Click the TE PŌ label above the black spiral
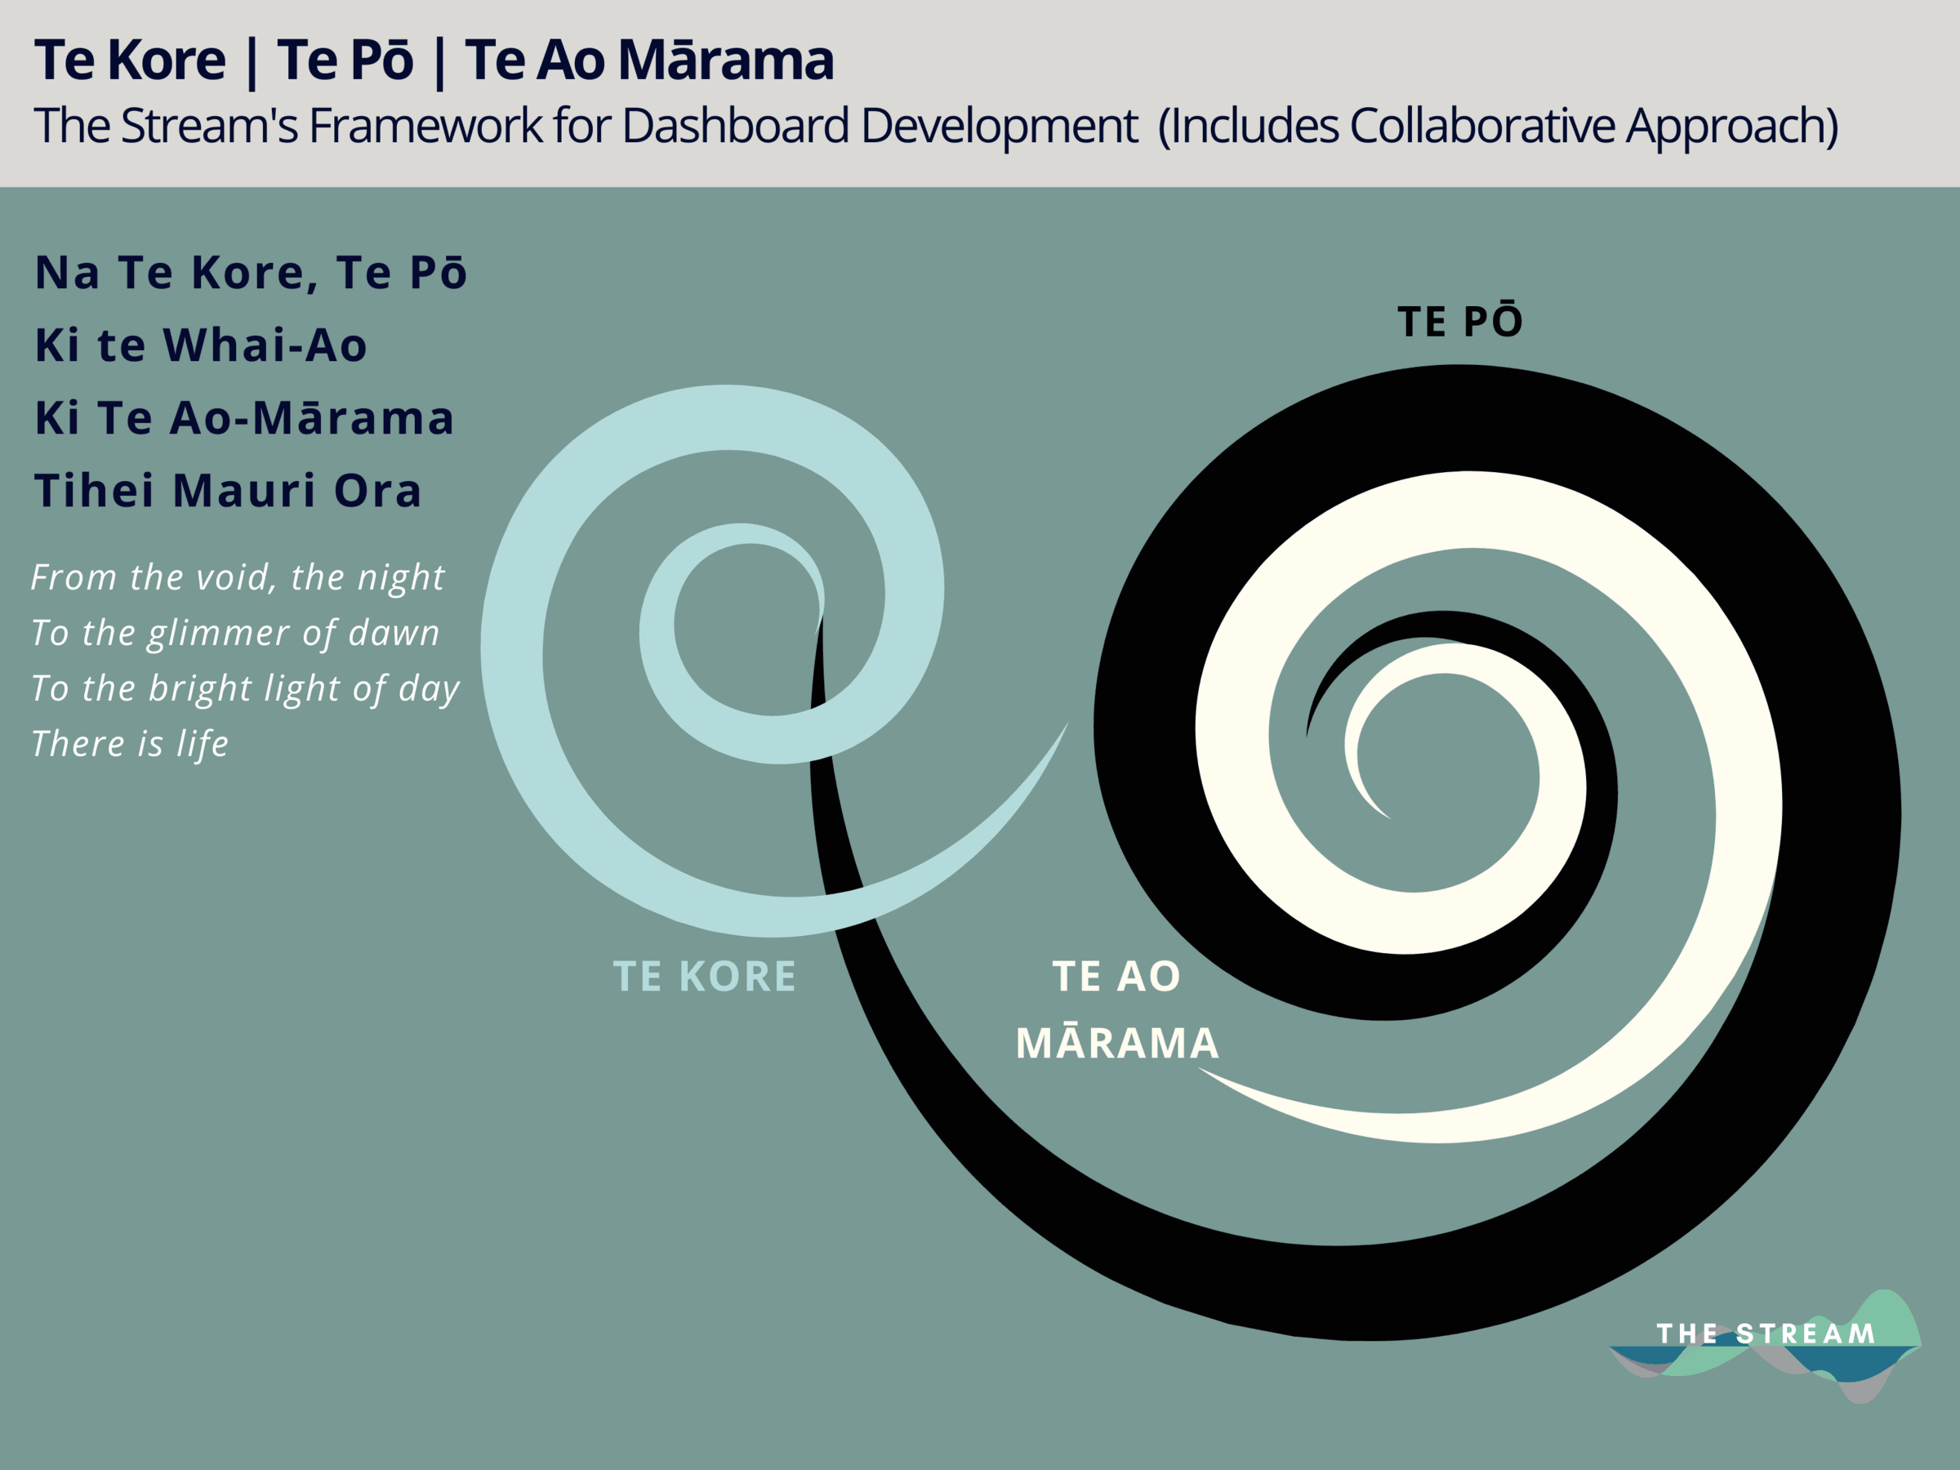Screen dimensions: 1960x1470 coord(1460,320)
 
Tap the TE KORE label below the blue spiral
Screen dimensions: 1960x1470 coord(705,977)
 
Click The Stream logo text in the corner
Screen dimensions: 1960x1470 coord(1766,1334)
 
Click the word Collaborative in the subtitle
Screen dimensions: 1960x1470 coord(1481,126)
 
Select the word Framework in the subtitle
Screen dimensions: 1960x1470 coord(425,126)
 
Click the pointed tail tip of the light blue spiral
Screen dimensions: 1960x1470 coord(1067,723)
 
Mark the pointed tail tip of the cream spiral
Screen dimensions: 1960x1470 coord(1200,1067)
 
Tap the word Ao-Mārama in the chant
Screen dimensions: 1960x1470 coord(311,417)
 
